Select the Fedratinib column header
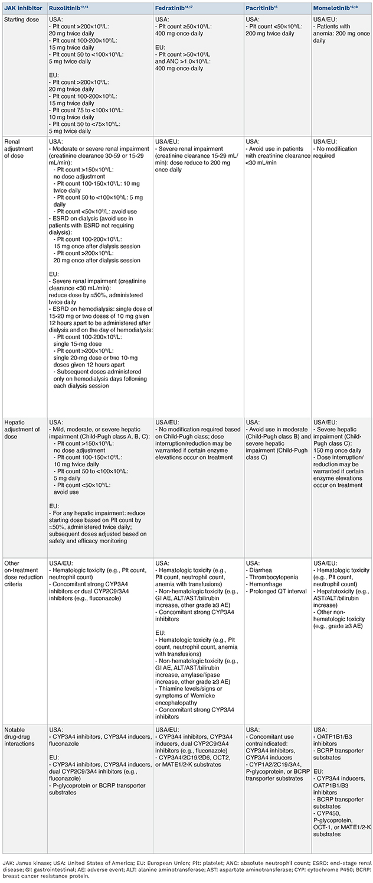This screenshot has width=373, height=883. tap(172, 7)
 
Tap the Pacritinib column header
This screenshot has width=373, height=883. tap(261, 7)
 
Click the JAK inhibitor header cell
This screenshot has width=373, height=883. tap(22, 7)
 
